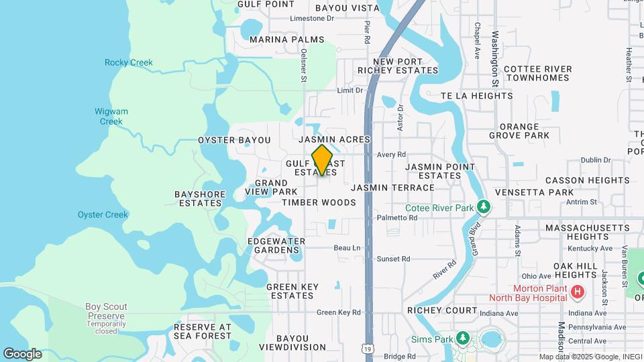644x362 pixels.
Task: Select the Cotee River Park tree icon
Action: (482, 208)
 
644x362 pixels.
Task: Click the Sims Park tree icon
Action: (462, 337)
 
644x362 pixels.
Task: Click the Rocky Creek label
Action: (128, 62)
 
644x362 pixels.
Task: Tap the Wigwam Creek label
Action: (111, 117)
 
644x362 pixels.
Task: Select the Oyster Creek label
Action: (102, 215)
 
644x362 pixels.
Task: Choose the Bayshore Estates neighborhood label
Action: (200, 198)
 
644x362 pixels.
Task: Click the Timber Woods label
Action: (319, 202)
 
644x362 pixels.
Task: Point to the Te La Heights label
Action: (476, 96)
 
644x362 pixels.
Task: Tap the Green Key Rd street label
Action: (339, 312)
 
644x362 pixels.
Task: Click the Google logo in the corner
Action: (22, 353)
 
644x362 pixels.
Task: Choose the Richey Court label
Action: (442, 310)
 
